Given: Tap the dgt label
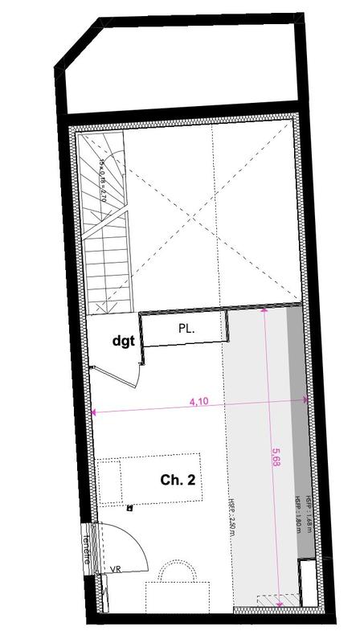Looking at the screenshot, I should pos(123,340).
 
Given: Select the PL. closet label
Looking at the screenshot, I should pos(186,329).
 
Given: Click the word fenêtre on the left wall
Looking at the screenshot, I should pos(87,548).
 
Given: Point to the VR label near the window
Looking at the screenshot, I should pos(115,568).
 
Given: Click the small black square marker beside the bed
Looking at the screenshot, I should pos(129,508).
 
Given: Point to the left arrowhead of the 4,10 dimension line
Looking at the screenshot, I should pos(94,413).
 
